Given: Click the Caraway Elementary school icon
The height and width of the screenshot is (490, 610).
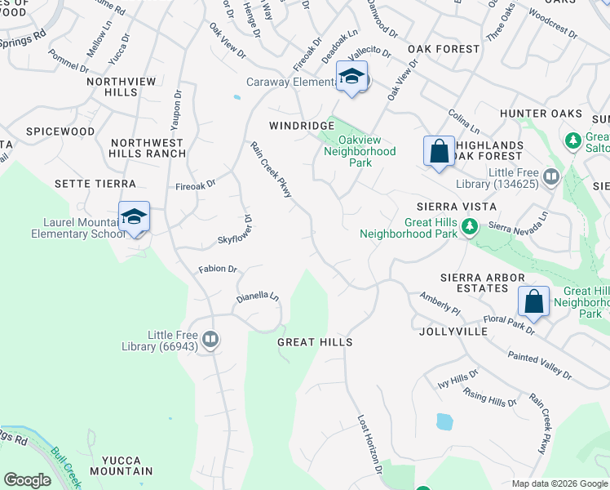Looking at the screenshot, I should click(351, 78).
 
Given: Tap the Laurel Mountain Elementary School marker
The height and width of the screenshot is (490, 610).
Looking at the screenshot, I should click(135, 217).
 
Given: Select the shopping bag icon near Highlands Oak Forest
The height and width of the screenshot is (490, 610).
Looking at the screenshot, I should click(439, 152).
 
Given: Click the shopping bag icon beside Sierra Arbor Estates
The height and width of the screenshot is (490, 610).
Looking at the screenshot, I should click(533, 301).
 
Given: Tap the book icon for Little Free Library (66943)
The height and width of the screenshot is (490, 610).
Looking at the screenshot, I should click(210, 339).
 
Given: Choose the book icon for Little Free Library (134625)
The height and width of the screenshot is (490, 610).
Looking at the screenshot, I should click(551, 176).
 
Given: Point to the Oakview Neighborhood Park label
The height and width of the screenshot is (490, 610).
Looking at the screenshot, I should click(360, 151).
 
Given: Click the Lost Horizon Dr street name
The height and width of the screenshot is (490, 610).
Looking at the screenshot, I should click(369, 443).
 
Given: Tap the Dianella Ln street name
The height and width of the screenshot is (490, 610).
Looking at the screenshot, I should click(258, 297).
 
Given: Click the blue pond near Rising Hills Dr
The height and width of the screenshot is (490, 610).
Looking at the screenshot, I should click(444, 421).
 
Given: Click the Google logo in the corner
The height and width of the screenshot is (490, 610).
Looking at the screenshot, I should click(27, 479).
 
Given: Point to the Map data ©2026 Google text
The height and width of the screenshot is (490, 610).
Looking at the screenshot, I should click(559, 483).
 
